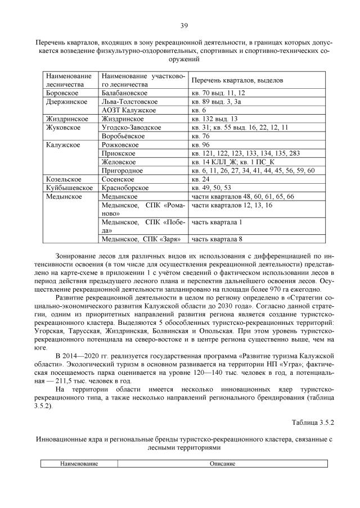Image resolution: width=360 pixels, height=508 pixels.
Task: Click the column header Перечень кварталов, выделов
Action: pyautogui.click(x=236, y=80)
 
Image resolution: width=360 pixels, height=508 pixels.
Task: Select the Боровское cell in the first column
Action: pyautogui.click(x=62, y=93)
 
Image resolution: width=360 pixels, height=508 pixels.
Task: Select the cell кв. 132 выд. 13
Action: pyautogui.click(x=215, y=119)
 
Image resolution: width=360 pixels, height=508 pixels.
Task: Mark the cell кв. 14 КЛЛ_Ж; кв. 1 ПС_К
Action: pyautogui.click(x=232, y=162)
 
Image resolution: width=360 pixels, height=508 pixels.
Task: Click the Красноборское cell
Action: pyautogui.click(x=125, y=188)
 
